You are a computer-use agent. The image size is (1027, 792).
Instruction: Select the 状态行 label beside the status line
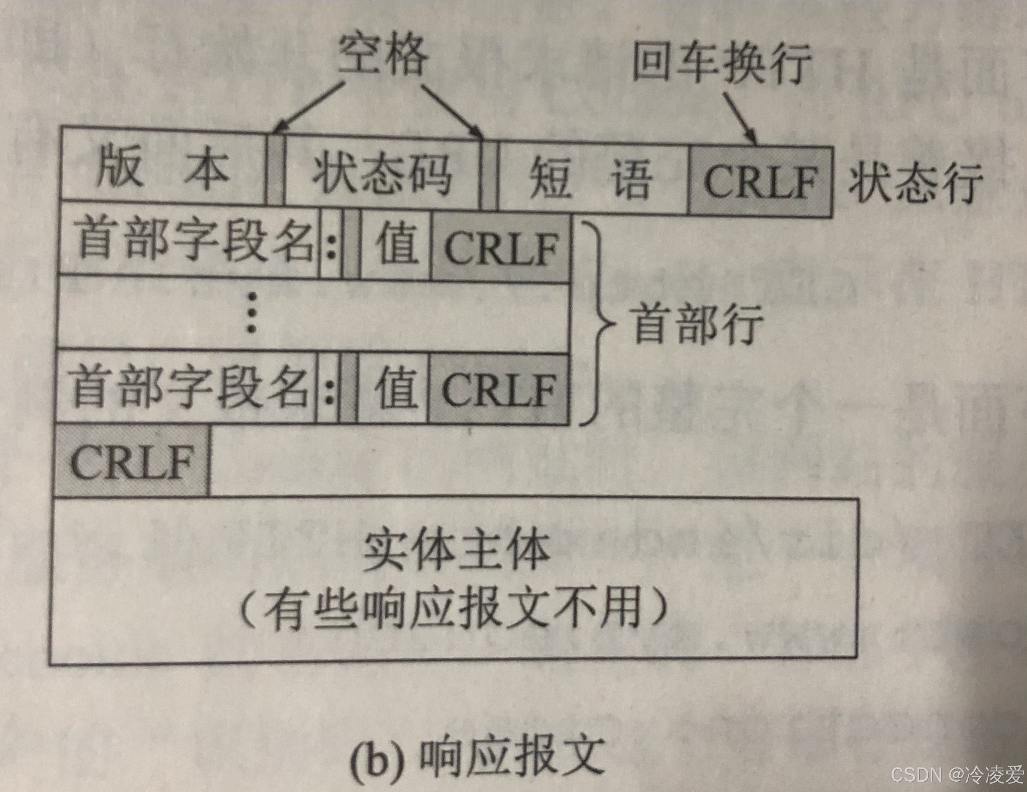915,184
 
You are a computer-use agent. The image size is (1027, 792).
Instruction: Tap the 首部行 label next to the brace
698,324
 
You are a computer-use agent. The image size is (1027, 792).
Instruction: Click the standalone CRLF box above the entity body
131,461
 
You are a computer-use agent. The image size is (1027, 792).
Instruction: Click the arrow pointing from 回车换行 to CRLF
740,118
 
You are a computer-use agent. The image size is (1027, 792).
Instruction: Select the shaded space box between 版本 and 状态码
275,170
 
